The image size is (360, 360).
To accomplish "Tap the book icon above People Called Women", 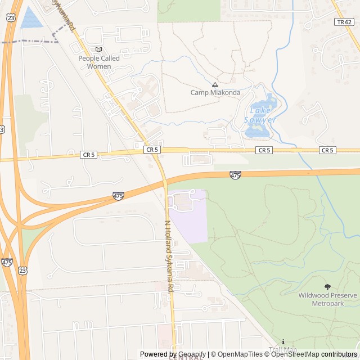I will (x=99, y=49).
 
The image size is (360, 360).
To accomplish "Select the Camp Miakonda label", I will (x=215, y=93).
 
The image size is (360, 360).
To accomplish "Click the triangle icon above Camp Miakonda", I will (x=215, y=84).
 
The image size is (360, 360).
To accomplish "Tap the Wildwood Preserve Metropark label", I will (x=327, y=299).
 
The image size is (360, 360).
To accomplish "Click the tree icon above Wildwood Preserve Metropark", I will (x=328, y=287).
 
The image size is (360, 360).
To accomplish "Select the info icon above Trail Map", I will (x=283, y=341).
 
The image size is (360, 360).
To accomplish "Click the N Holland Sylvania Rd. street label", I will (x=168, y=256).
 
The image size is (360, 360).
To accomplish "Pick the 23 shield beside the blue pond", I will (x=11, y=18).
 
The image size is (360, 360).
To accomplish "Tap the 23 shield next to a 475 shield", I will (x=22, y=271).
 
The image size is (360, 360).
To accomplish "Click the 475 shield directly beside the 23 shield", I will (x=7, y=262).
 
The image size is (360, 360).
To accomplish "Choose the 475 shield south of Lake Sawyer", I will (x=235, y=175).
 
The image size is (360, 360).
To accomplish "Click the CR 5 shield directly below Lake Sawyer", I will (x=264, y=150).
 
